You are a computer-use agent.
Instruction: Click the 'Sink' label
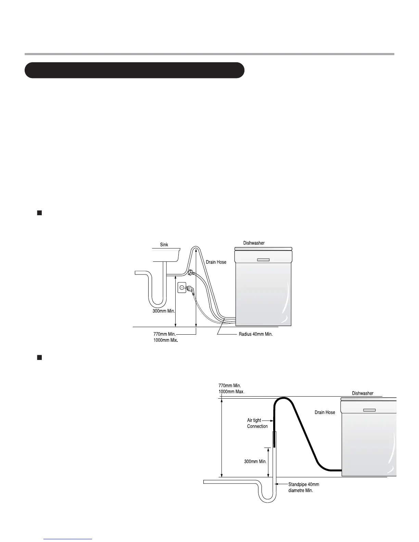pos(164,245)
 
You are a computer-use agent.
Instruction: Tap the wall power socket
pos(182,288)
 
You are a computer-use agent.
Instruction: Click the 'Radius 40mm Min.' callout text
pos(255,334)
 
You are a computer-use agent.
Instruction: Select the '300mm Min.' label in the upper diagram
pos(164,311)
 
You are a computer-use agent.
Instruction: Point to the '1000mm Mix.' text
pos(166,340)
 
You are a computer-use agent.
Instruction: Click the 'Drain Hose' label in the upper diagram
pos(216,262)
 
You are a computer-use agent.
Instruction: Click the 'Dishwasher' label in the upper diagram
pos(254,243)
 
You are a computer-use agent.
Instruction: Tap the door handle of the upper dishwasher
pos(263,260)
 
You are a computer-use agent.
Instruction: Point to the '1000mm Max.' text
pos(231,391)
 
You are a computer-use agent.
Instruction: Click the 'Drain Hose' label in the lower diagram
pos(325,412)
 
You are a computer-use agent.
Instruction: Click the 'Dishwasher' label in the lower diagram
pos(363,393)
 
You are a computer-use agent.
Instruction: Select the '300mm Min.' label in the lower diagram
pos(255,461)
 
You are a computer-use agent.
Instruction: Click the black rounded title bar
pos(134,70)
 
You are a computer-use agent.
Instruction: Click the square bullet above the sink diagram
pos(39,213)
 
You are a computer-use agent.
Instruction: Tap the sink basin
pos(166,255)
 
